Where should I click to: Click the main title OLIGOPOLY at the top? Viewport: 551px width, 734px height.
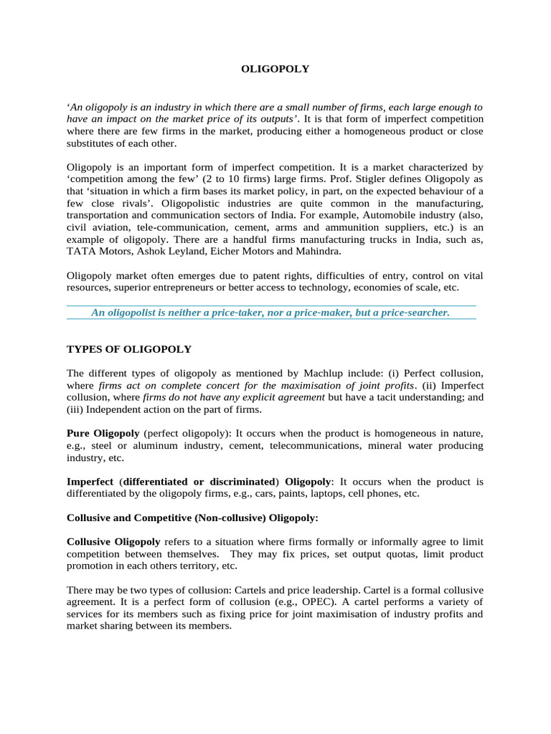point(274,70)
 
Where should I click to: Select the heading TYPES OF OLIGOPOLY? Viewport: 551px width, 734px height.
point(129,349)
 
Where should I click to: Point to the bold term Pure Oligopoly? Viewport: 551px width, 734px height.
point(103,434)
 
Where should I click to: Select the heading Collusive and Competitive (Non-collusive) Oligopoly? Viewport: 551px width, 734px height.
point(192,518)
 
